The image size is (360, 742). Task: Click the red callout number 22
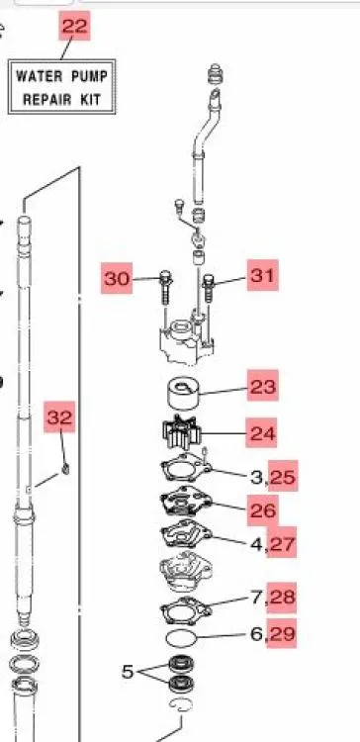74,26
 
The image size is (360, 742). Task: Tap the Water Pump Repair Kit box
61,87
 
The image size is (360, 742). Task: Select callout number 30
117,278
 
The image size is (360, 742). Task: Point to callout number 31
262,275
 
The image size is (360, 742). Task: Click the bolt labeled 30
166,287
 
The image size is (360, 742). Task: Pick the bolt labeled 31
209,289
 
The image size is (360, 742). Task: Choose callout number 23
262,386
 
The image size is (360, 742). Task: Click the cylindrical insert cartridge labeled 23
184,393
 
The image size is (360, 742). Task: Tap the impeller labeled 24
182,432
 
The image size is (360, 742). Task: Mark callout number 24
261,432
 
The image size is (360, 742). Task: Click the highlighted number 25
284,476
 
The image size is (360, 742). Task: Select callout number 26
262,510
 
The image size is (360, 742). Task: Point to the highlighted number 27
283,542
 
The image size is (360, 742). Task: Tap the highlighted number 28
282,598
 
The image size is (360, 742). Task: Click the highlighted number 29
282,633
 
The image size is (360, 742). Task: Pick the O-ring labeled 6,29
181,638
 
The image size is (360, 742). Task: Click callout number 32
60,417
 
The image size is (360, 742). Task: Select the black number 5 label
128,671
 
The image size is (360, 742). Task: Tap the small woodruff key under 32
65,469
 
